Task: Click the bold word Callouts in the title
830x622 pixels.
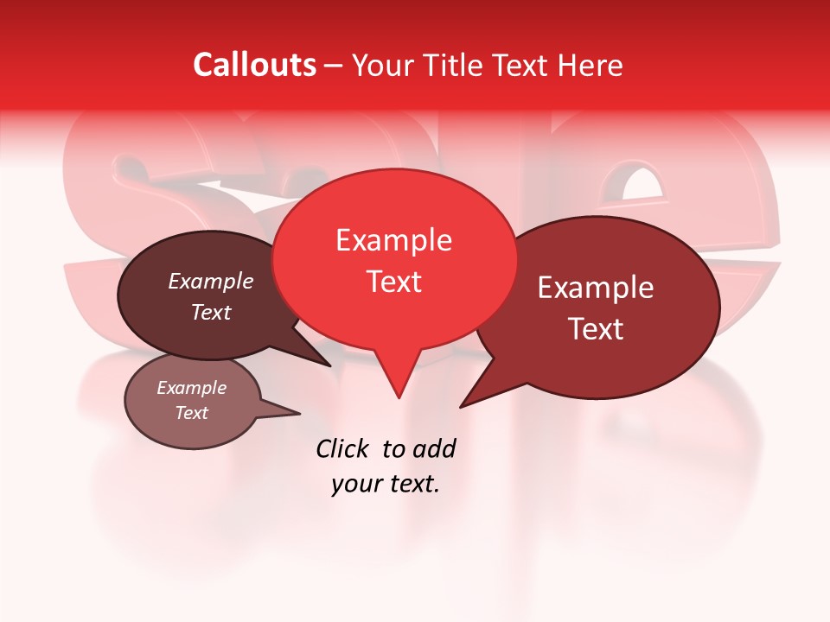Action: click(254, 65)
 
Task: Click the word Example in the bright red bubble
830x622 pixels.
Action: click(393, 240)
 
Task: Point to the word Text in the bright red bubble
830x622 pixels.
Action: click(393, 282)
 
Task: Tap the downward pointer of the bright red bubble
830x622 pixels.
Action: click(398, 380)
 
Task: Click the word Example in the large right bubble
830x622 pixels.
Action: click(596, 288)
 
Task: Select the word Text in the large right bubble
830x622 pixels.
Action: click(596, 329)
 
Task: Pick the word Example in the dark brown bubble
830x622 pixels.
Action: click(211, 281)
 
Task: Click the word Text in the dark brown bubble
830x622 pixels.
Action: click(211, 312)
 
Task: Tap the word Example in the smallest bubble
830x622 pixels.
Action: click(191, 388)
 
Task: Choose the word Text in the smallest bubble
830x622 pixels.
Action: click(191, 413)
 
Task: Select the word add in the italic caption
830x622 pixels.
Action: click(434, 448)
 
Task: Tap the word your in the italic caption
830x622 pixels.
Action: click(356, 485)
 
